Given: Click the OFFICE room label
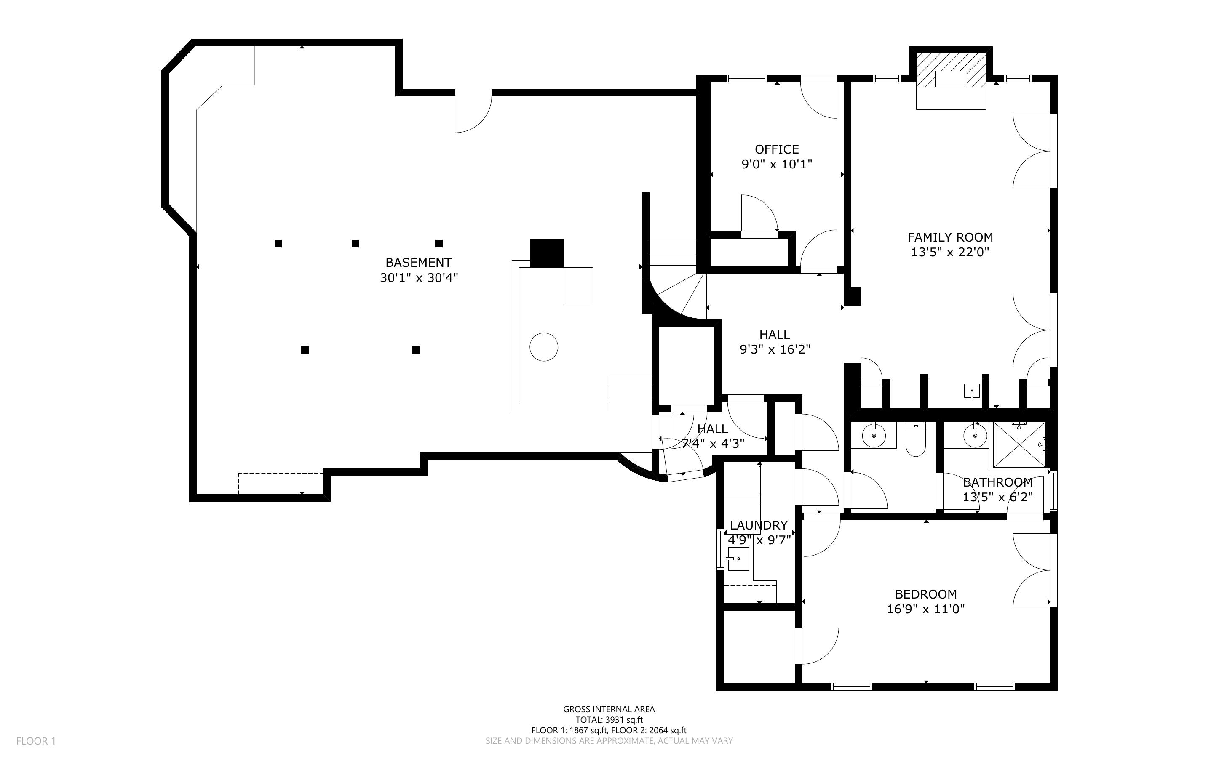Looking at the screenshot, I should pos(776,149).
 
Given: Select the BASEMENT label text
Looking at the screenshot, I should pos(418,262).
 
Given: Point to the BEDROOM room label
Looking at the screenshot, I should pos(925,594).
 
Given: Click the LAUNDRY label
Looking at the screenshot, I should pos(758,525).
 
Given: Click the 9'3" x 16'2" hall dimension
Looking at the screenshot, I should pos(774,349).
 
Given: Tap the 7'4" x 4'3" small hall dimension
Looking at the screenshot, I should pos(712,443).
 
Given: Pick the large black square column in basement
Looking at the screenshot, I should pos(547,253).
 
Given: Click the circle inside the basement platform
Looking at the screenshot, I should pos(544,347).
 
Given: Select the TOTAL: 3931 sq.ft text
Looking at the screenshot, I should pos(609,720).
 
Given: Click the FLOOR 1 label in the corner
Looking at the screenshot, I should pos(36,741).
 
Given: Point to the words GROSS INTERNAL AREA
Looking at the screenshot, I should pos(609,709).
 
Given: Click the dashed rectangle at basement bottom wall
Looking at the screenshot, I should pos(281,483).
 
